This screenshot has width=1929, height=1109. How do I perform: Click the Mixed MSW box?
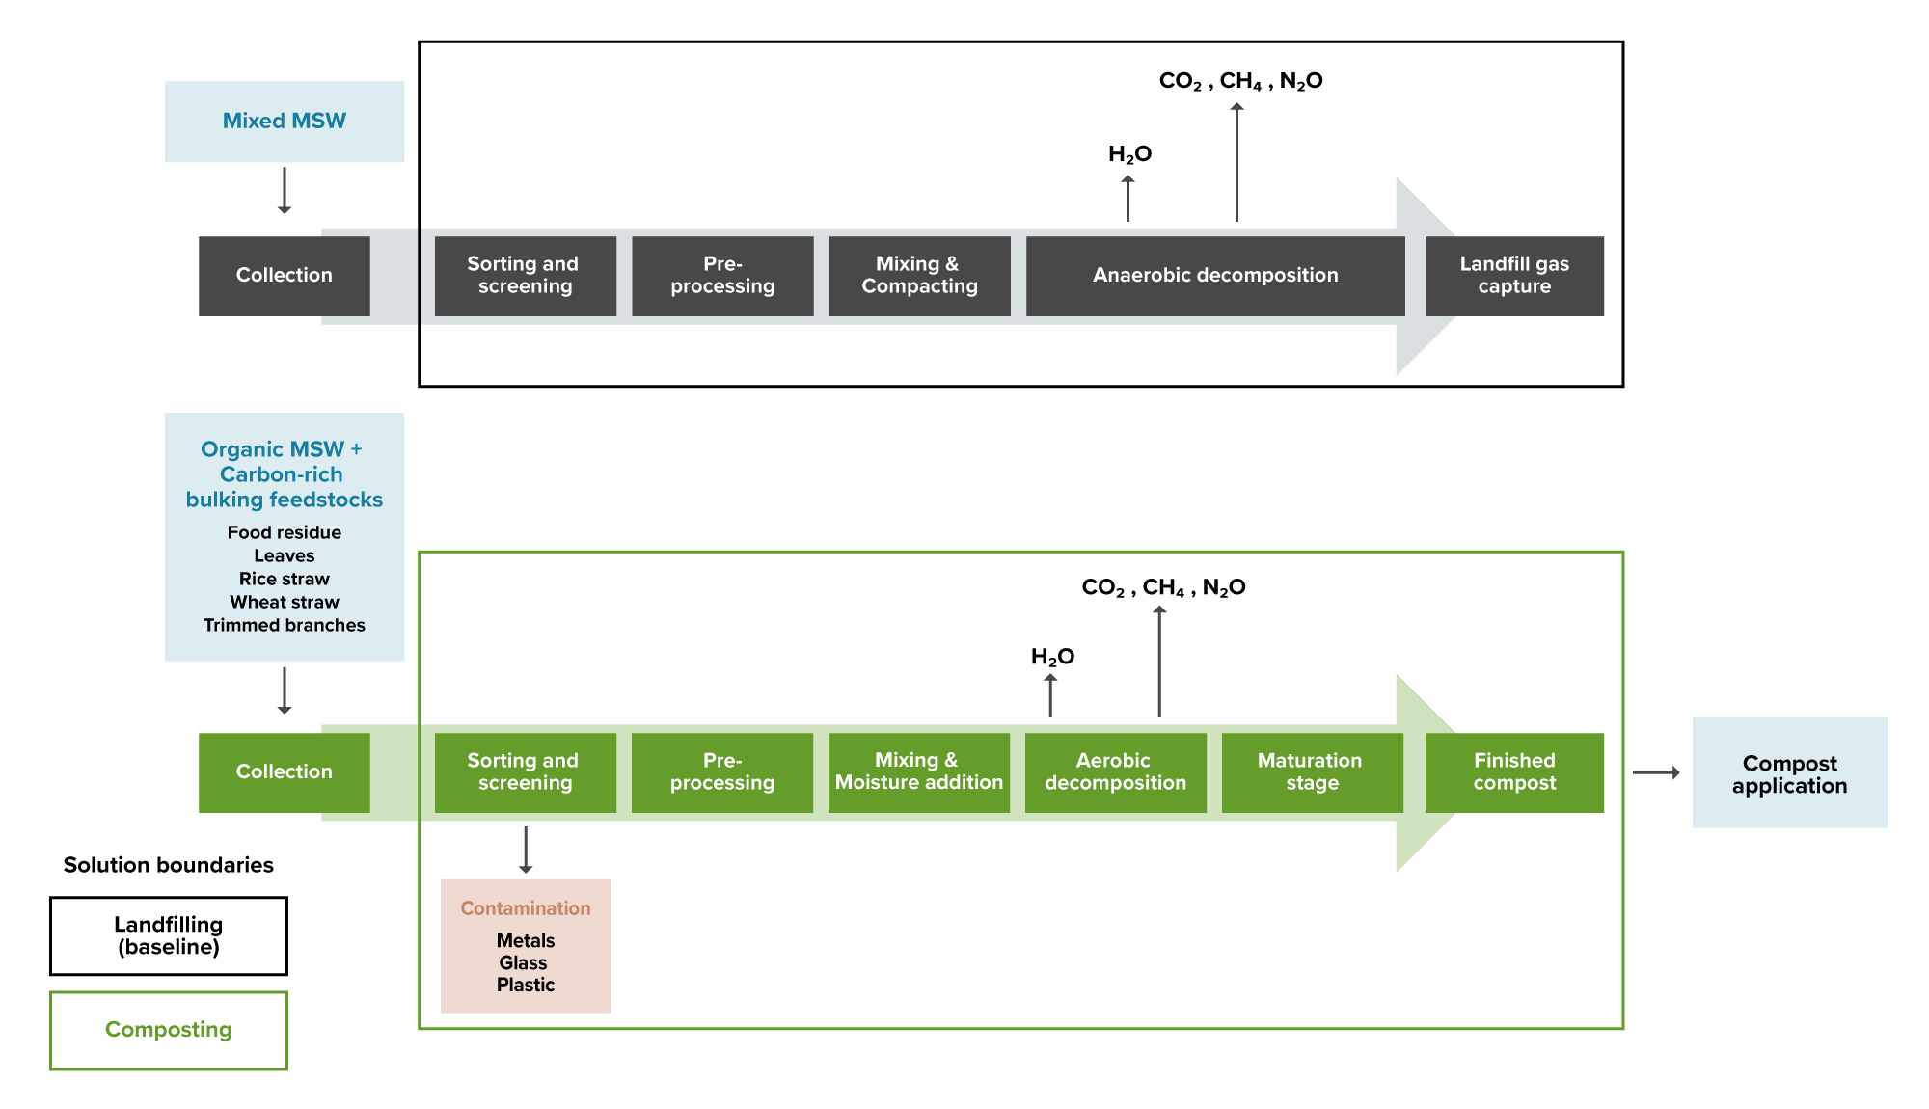click(284, 122)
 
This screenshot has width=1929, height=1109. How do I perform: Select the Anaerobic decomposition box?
click(1214, 276)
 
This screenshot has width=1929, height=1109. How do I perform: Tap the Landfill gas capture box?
click(1513, 276)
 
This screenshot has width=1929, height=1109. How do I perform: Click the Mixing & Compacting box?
click(918, 276)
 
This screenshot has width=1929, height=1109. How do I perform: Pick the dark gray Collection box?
click(284, 276)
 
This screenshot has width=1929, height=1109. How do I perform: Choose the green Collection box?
click(284, 772)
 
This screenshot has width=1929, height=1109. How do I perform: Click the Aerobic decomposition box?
click(1115, 772)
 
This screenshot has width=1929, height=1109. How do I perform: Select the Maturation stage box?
click(1311, 772)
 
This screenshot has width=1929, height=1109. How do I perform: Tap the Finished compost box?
click(1513, 772)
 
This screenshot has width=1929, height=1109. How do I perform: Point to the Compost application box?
click(1789, 773)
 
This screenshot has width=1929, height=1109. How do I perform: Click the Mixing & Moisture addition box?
click(918, 772)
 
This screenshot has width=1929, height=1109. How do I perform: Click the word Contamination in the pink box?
click(525, 908)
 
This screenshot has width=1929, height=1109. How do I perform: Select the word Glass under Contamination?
click(524, 962)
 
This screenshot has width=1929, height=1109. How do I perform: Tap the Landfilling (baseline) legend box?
click(169, 935)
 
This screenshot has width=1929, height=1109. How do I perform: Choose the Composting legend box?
click(169, 1030)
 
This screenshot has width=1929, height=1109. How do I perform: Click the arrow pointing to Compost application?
click(1656, 772)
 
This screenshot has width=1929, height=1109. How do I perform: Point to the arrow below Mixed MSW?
click(285, 190)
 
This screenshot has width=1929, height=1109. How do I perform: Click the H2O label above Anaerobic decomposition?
click(1129, 154)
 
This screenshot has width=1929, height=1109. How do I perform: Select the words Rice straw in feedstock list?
click(285, 579)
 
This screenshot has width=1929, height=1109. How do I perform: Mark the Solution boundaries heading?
click(169, 865)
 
